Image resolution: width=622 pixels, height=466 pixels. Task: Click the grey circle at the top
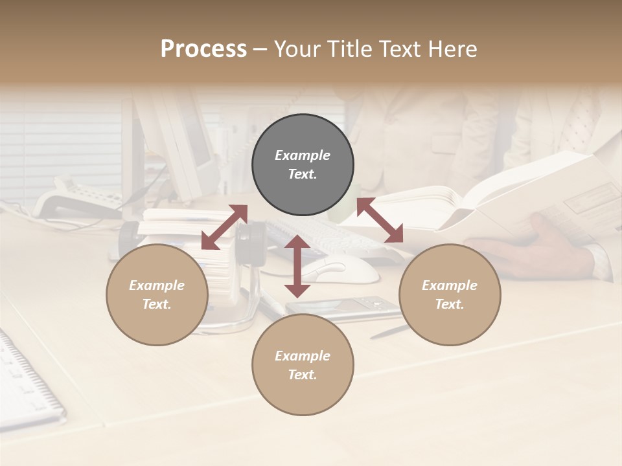tap(303, 165)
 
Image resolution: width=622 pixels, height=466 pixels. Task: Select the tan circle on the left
tap(157, 294)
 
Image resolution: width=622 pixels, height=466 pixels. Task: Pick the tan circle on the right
tap(450, 294)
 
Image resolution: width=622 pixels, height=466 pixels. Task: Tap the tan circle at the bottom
tap(303, 365)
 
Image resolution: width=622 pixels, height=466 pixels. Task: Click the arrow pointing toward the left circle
tap(224, 227)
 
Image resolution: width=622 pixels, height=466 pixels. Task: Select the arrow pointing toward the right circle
tap(380, 220)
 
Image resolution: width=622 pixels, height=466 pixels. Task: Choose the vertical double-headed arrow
tap(297, 266)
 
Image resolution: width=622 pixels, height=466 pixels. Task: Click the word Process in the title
tap(203, 49)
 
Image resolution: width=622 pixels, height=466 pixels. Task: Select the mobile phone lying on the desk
tap(343, 307)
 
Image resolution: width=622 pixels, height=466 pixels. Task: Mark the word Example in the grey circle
tap(303, 155)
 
